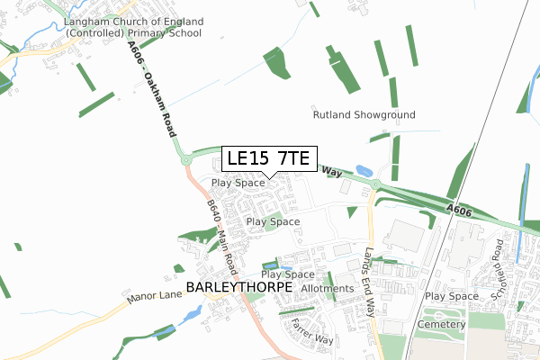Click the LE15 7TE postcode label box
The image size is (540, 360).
[x=269, y=158]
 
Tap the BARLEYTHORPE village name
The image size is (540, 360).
[x=239, y=287]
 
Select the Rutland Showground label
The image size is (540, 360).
[x=364, y=115]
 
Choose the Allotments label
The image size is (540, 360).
[x=327, y=287]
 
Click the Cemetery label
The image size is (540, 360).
[x=441, y=323]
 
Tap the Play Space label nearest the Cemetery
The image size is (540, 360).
[x=452, y=296]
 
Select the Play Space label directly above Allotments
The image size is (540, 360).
[x=288, y=274]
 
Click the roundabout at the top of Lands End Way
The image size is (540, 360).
[x=374, y=185]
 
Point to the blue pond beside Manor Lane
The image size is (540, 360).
[x=191, y=315]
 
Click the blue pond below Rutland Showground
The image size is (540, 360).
[x=364, y=170]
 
